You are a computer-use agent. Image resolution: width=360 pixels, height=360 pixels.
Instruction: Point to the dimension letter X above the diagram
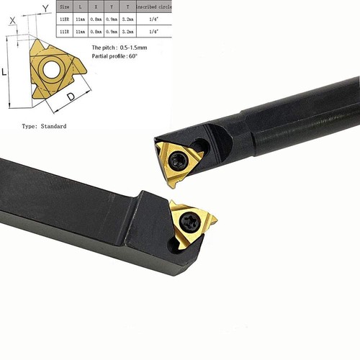coord(12,22)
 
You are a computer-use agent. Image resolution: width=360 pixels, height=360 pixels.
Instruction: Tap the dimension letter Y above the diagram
coord(45,9)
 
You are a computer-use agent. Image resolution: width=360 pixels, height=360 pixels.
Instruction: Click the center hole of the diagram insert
coord(52,69)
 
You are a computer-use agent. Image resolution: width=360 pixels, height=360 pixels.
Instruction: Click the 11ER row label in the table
coord(66,20)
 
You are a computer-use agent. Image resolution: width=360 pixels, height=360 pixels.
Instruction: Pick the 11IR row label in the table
coord(66,32)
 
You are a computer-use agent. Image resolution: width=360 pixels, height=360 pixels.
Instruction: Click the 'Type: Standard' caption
coord(45,126)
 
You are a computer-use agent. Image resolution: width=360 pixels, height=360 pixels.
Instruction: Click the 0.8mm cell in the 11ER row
coord(96,20)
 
